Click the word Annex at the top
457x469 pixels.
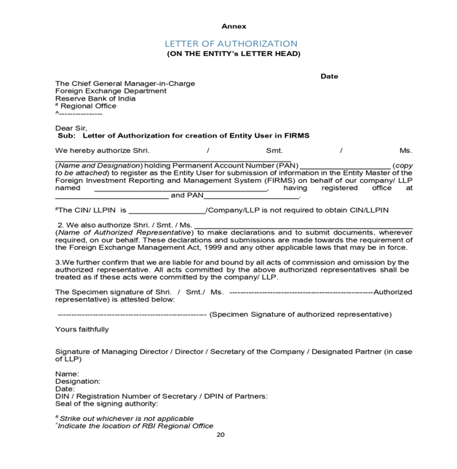(x=234, y=26)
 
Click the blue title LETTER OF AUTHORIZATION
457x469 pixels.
(x=231, y=44)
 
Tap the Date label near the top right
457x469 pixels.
(x=329, y=76)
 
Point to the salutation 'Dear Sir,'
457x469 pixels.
(x=71, y=127)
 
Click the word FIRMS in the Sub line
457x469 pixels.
(x=297, y=135)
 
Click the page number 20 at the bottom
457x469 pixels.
(x=220, y=435)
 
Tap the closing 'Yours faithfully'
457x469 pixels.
(x=82, y=329)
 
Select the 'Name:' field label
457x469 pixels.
(x=68, y=374)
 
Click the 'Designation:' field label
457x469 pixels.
(x=78, y=381)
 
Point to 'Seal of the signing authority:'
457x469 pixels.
(x=106, y=403)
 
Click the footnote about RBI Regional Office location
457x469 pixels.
(x=135, y=426)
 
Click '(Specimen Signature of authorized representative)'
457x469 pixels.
(x=300, y=315)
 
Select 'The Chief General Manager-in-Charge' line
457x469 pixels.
(x=125, y=83)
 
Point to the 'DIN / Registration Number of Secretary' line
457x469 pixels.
(x=161, y=396)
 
